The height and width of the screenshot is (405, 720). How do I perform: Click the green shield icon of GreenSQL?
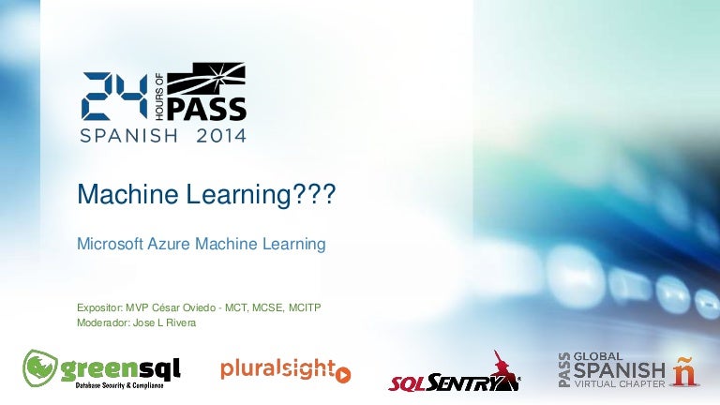tap(39, 367)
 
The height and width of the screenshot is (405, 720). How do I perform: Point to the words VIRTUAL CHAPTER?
tap(620, 383)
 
